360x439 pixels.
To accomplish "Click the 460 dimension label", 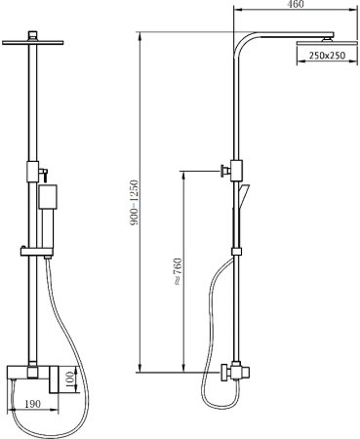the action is coord(297,4).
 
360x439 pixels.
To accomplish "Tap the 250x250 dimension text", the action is coord(327,56).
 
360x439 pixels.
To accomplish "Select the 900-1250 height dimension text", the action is coord(135,203).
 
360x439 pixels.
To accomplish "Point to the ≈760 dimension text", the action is coord(178,272).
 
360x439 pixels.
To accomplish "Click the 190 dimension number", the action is coord(33,404).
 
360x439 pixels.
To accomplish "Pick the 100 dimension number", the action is coord(70,379).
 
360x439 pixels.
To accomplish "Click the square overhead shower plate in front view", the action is coord(32,42).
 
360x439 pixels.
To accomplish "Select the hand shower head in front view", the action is coord(48,197).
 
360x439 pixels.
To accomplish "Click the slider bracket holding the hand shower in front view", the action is coord(36,251).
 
